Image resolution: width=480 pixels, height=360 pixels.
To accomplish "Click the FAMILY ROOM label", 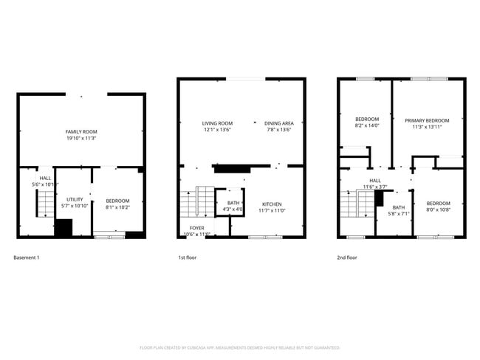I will [81, 131].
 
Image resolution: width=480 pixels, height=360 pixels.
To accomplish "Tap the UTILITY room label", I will [75, 199].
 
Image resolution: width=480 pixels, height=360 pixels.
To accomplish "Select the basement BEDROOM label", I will [117, 201].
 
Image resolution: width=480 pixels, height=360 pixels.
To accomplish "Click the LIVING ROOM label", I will [218, 123].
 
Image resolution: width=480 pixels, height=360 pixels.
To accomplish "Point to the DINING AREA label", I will [278, 123].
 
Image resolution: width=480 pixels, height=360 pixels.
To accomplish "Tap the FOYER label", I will [197, 228].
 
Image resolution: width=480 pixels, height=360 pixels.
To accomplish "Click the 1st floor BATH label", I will [233, 203].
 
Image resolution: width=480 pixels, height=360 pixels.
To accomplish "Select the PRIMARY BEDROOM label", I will [428, 120].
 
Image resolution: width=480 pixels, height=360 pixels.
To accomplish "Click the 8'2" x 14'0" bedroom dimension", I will [367, 126].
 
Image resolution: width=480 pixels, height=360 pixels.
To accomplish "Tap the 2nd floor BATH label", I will [399, 207].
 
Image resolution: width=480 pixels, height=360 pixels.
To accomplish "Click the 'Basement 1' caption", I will [27, 257].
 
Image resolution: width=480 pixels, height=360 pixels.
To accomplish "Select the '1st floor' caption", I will [188, 257].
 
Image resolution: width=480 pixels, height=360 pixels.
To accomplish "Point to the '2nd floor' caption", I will [347, 257].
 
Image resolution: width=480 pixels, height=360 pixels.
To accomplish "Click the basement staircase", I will [46, 202].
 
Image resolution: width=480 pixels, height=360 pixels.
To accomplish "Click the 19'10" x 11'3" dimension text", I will [81, 138].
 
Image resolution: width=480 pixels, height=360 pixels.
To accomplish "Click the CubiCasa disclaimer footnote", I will [239, 347].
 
